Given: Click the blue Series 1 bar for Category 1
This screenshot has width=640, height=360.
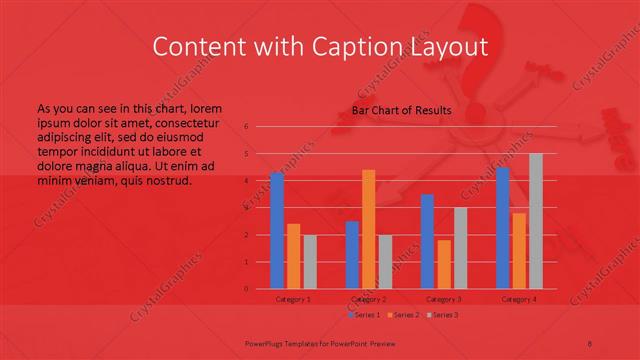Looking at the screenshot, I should (277, 231).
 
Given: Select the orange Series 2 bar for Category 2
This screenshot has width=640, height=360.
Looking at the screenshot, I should (369, 229).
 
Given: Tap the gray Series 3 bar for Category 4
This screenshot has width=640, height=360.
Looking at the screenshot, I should (536, 221).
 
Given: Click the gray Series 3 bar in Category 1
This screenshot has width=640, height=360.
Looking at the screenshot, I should (310, 262).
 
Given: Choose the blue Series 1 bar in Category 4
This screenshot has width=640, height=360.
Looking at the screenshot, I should (503, 228).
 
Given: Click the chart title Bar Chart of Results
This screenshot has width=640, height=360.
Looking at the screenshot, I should (401, 111).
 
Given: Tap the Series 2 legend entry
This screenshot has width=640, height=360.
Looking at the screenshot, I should (404, 315).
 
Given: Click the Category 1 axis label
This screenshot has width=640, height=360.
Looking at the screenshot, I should (293, 299).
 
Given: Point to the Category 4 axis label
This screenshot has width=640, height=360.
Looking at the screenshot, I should (519, 299).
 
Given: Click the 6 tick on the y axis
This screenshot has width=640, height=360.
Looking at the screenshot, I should (246, 127).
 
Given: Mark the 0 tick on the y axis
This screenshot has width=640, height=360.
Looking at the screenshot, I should (246, 289).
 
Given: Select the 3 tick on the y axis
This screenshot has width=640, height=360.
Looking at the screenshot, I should (246, 208).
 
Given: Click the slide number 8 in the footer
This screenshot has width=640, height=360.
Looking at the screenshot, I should (590, 341).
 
